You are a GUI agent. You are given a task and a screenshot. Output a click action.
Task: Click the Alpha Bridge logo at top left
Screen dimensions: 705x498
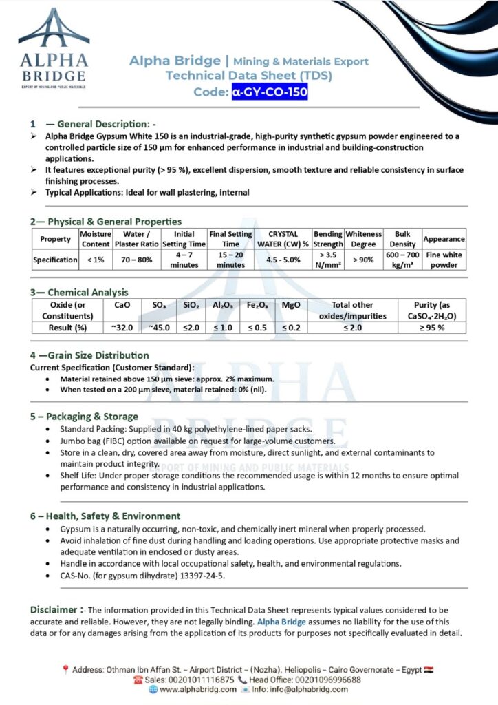point(53,46)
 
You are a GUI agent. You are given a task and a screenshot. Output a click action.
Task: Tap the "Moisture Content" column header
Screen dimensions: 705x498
point(96,239)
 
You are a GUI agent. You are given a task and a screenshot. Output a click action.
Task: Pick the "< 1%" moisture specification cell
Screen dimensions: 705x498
point(96,260)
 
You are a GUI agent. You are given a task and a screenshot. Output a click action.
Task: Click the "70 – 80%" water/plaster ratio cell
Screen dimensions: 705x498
point(136,260)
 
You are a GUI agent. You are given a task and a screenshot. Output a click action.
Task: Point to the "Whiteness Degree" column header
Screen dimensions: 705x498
point(363,239)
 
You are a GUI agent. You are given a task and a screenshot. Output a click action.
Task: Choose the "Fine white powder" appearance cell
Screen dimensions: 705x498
point(444,260)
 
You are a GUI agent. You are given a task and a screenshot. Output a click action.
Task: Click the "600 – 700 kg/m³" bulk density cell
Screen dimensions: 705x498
point(402,260)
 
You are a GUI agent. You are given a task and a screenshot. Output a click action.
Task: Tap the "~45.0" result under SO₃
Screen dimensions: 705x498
point(159,327)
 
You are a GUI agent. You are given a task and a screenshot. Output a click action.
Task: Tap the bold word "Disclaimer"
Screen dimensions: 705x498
point(53,609)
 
